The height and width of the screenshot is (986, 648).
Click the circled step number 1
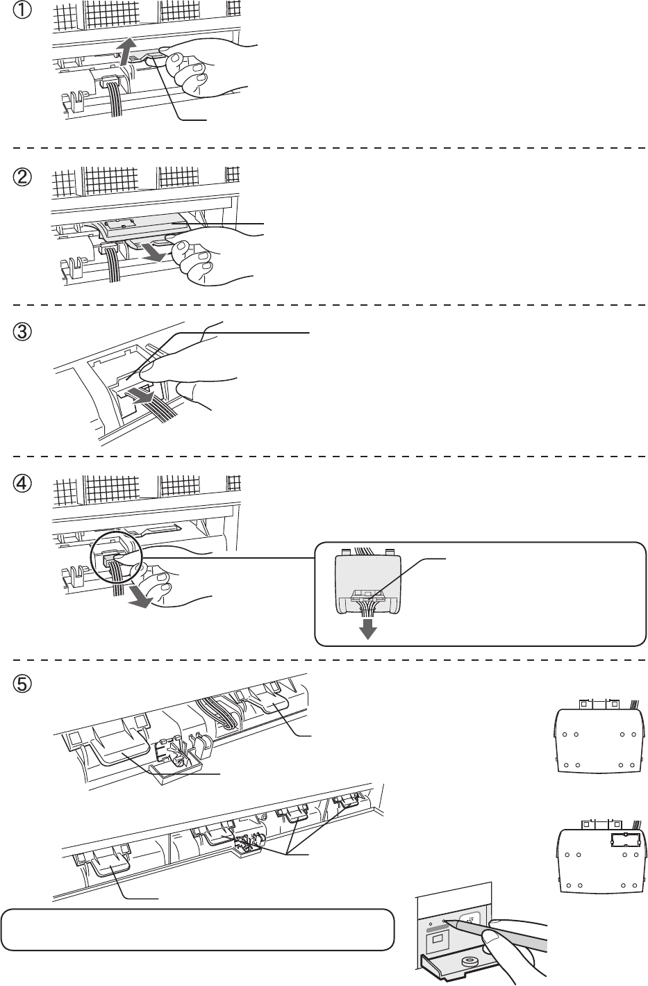pos(22,14)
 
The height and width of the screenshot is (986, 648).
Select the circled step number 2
pos(22,178)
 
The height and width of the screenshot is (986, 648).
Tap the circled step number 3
pos(22,333)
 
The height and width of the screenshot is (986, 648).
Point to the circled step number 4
pos(22,488)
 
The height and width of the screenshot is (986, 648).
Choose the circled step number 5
pos(22,684)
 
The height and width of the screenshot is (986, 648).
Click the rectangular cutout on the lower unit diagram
pos(623,840)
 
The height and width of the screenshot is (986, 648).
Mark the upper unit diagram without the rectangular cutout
pos(597,741)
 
